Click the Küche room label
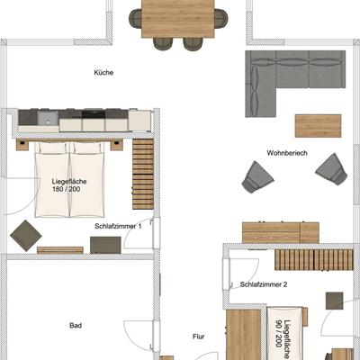103,73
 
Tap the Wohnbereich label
287,153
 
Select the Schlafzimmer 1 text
118,226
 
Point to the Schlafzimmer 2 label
264,284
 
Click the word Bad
76,326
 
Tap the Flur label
199,337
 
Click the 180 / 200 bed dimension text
66,189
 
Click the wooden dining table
178,19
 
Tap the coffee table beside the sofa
318,126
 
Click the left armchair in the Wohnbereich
257,177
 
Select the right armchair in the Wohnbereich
331,168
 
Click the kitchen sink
48,118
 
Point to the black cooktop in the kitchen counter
94,114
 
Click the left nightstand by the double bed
22,145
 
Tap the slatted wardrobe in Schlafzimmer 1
143,174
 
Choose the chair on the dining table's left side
136,18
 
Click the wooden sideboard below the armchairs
281,232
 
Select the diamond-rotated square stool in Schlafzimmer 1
26,236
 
